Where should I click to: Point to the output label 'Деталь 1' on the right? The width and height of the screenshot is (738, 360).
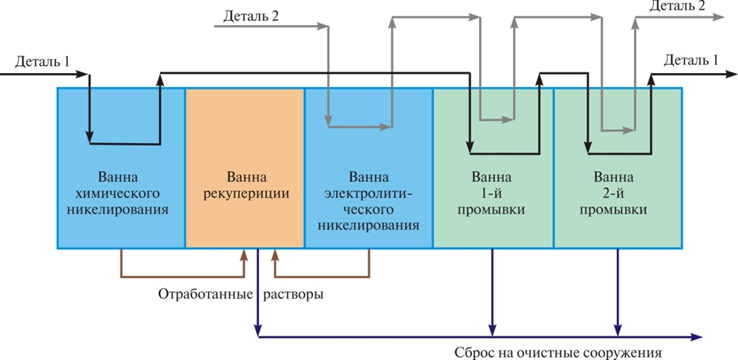tap(690, 60)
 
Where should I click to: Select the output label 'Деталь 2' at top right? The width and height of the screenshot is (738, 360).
tap(677, 7)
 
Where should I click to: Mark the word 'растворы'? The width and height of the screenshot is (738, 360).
tap(293, 294)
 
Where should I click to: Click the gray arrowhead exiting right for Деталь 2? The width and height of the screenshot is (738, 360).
tap(720, 18)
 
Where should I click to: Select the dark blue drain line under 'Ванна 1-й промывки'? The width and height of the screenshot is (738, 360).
tap(492, 291)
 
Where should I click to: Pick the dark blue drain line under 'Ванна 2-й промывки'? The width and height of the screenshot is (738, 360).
tap(618, 291)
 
